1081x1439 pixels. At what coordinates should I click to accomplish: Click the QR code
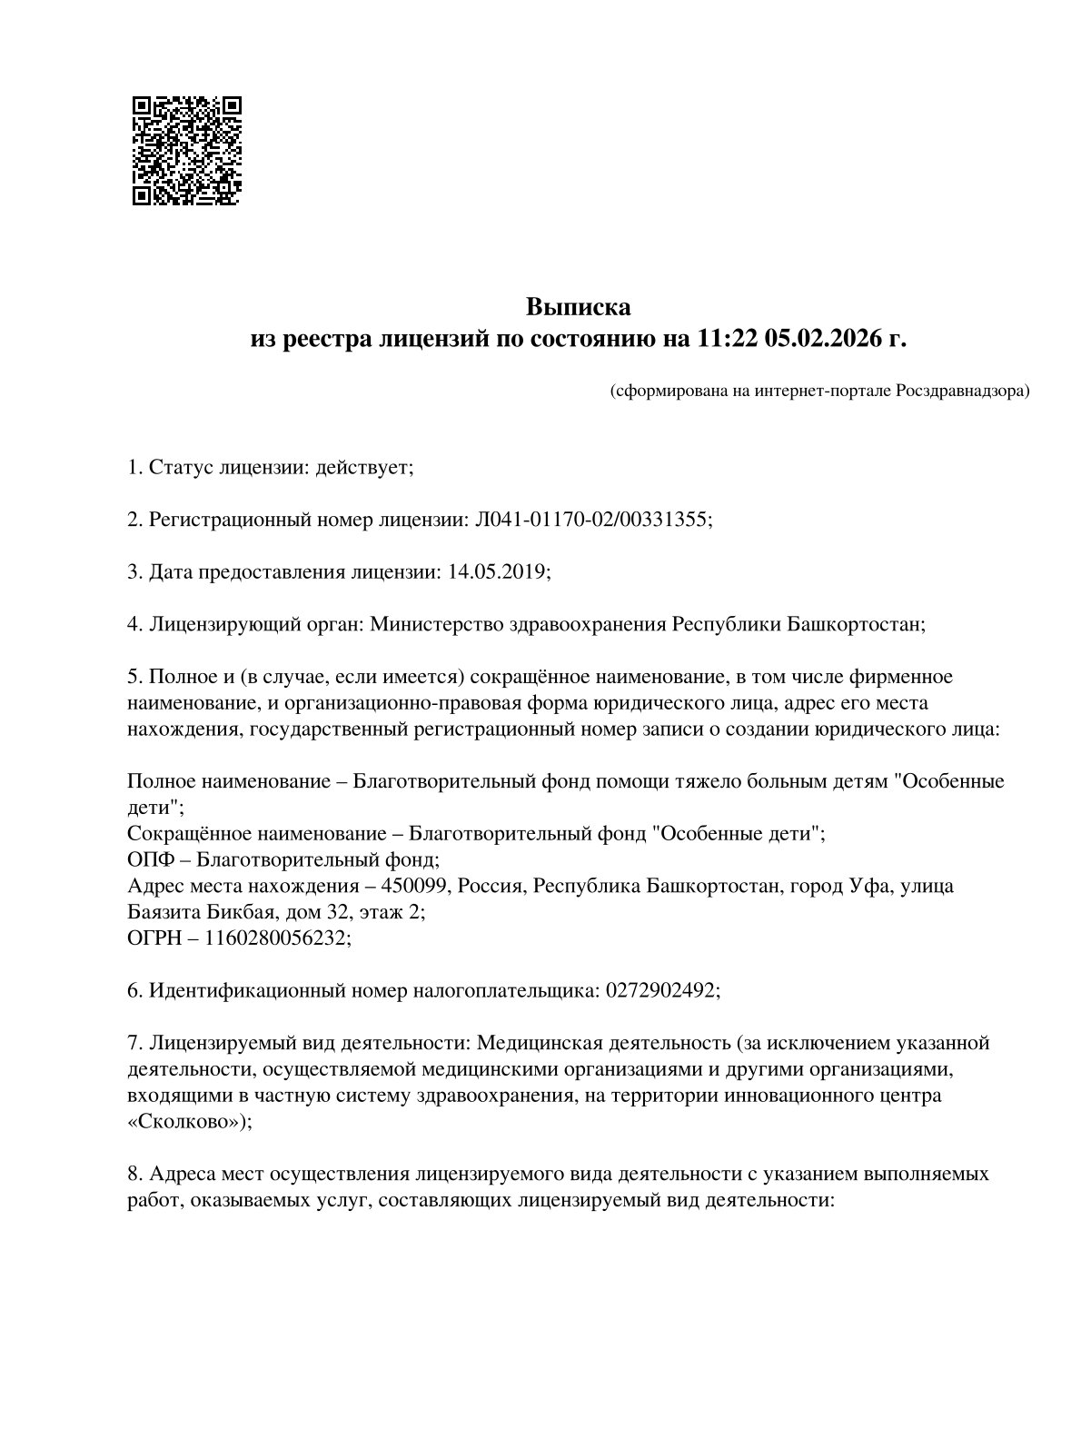(187, 151)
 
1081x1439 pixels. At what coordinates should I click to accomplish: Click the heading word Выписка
(579, 306)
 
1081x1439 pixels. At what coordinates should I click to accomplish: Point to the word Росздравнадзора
(961, 392)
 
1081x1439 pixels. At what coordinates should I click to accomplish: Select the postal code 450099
(418, 885)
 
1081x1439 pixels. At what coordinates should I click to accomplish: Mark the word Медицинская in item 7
(536, 1042)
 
